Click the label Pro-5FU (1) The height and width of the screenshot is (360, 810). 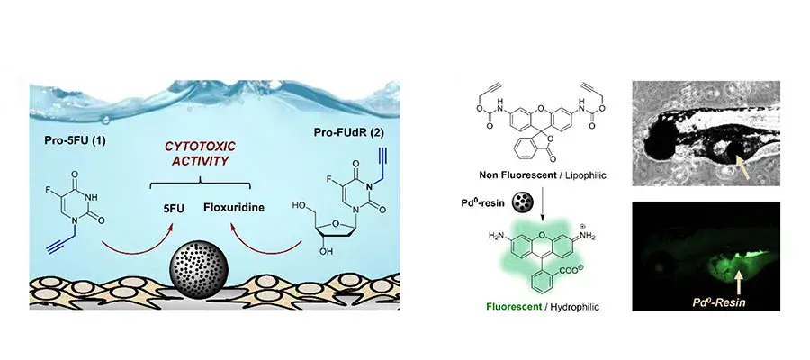tap(76, 140)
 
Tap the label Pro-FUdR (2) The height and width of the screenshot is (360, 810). tap(348, 132)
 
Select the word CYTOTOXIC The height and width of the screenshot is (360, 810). tap(200, 146)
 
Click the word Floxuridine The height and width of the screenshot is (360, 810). tap(234, 208)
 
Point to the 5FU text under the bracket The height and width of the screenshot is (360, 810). tap(174, 208)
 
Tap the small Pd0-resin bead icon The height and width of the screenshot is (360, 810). tap(522, 202)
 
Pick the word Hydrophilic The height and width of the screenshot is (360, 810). tap(574, 307)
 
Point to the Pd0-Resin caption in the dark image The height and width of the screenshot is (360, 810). tap(718, 302)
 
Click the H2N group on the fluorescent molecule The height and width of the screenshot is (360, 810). tap(497, 236)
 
